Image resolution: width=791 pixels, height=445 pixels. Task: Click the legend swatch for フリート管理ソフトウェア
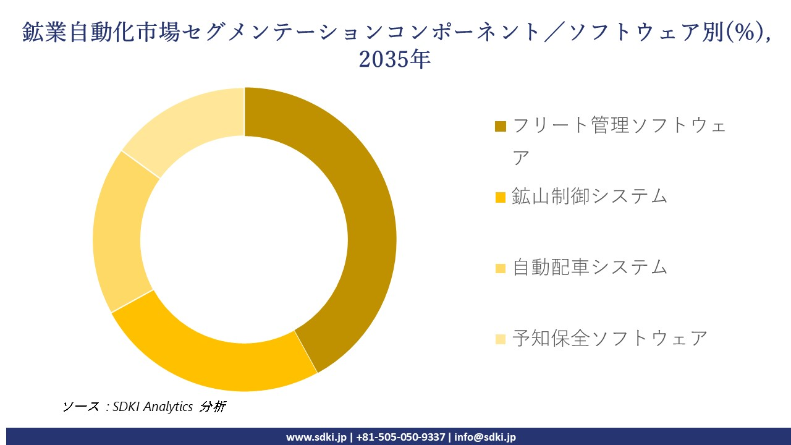pos(501,127)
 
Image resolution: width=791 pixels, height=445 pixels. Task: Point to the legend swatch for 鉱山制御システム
pos(501,197)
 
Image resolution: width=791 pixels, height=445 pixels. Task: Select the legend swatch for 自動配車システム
pos(501,268)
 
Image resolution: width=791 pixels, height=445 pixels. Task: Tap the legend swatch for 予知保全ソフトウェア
pos(501,339)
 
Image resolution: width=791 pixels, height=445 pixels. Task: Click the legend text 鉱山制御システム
pos(590,196)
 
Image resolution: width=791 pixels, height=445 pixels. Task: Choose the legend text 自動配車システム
pos(590,267)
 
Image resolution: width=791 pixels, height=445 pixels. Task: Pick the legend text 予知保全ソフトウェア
pos(609,338)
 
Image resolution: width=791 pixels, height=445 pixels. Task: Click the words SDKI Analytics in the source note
pos(153,407)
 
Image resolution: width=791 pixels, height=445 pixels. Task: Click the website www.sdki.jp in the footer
pos(316,437)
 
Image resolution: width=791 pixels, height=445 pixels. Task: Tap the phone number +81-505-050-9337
pos(400,437)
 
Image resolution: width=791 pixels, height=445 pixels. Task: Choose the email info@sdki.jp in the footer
pos(485,437)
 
